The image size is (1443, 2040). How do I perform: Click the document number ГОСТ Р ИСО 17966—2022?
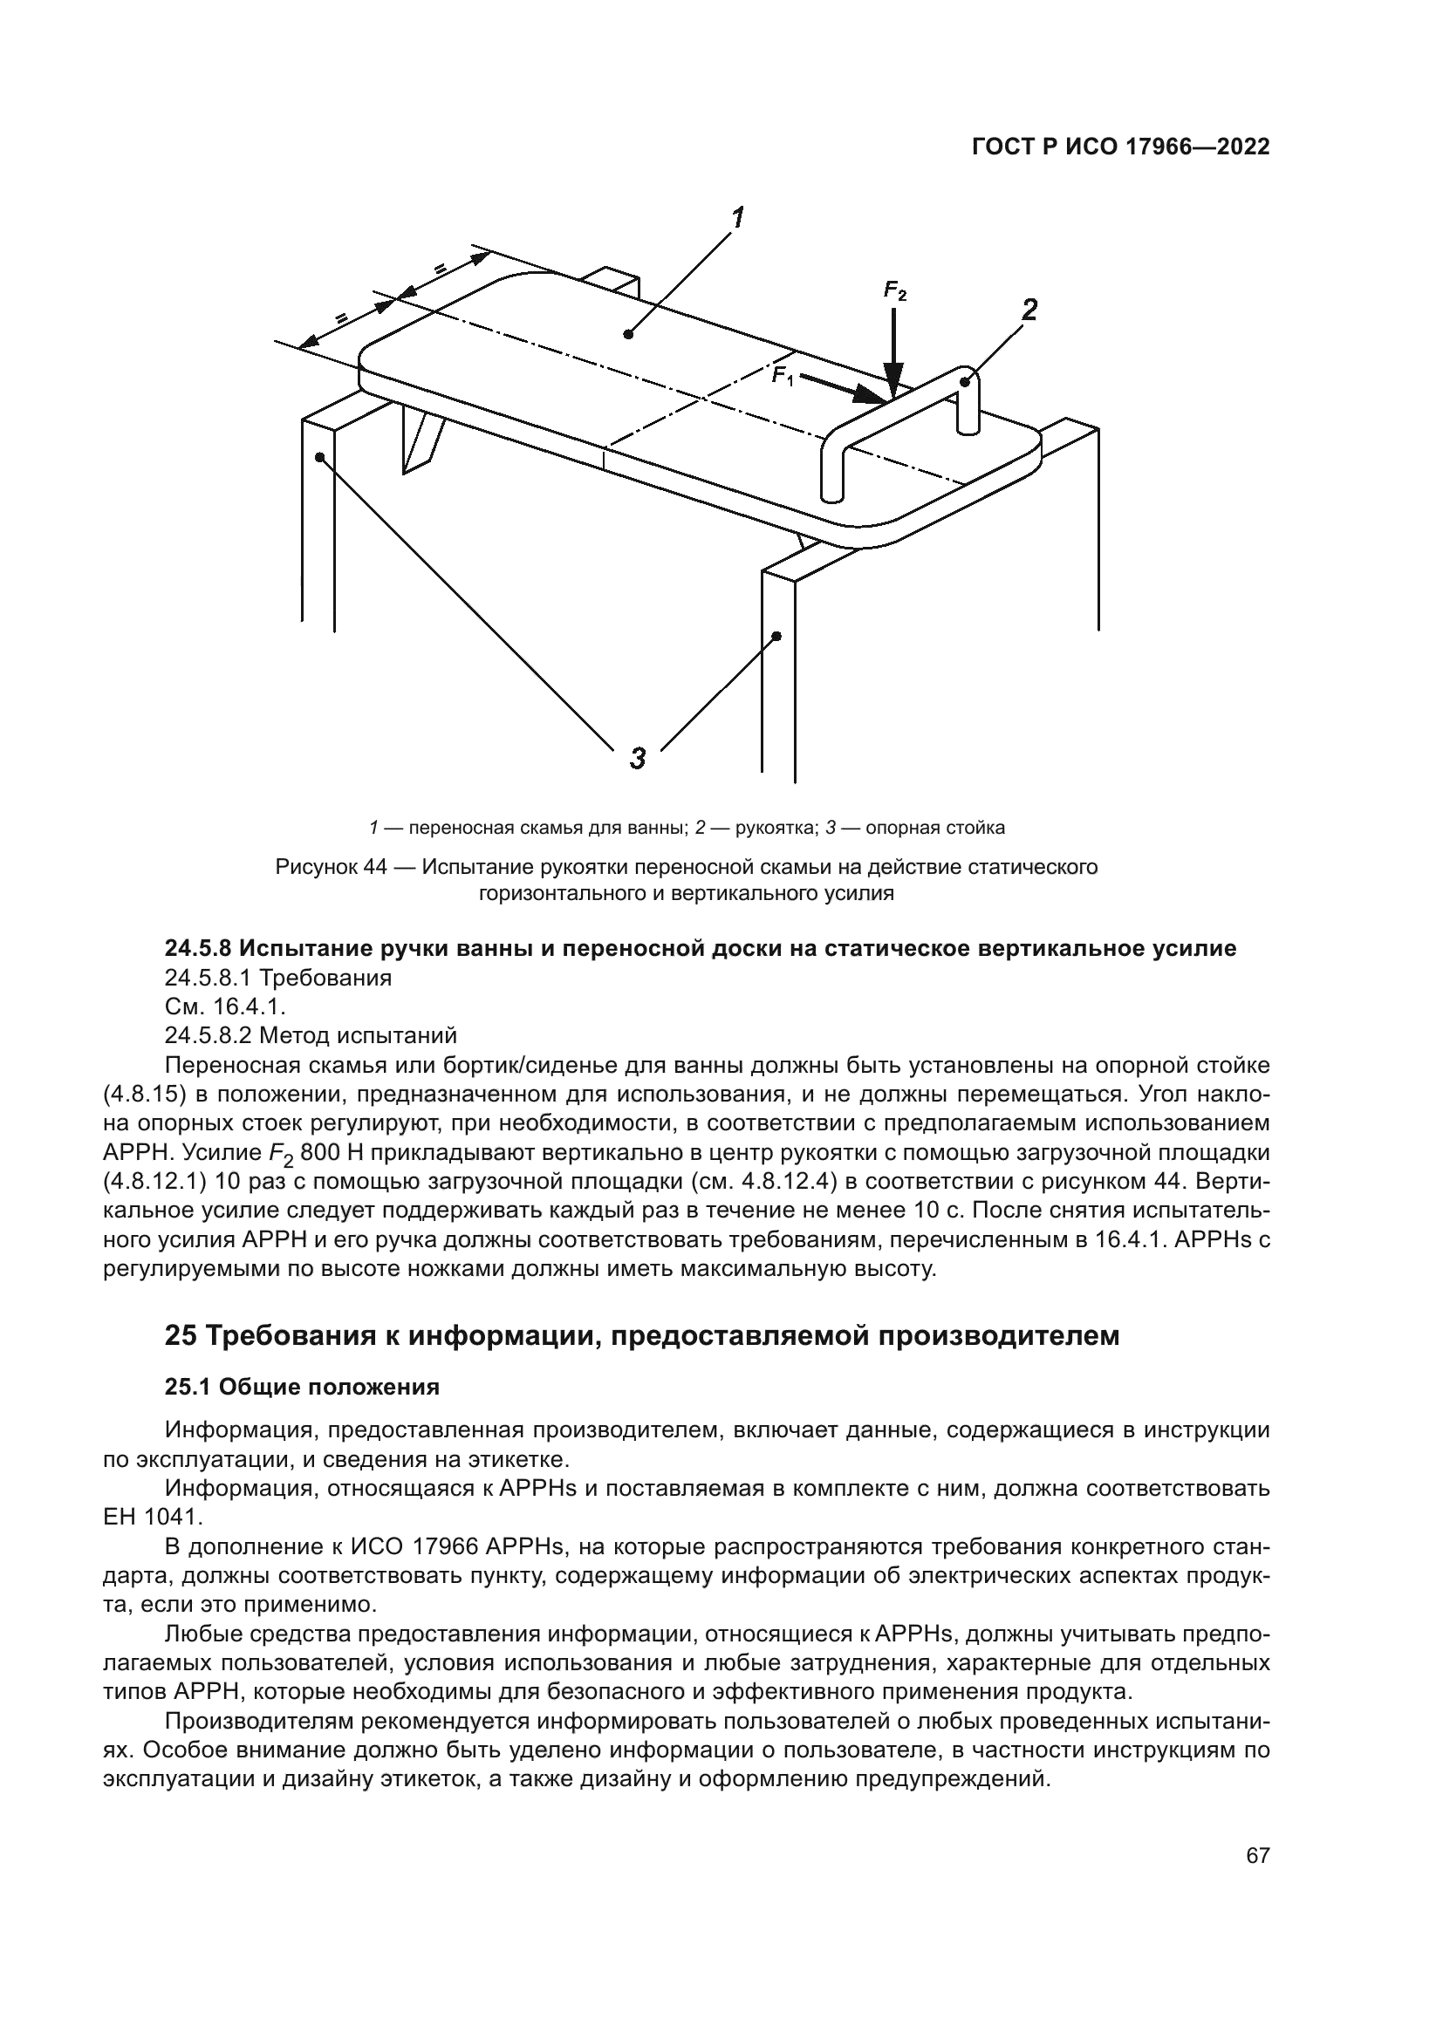click(x=1120, y=147)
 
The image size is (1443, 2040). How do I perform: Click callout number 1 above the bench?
click(x=736, y=219)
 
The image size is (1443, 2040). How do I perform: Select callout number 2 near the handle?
click(x=1029, y=310)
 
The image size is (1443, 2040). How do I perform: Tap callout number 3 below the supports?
click(x=638, y=759)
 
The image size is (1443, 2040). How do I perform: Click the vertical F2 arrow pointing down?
click(x=894, y=355)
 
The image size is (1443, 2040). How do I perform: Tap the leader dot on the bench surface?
click(x=628, y=334)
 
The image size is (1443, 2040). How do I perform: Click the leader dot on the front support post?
click(x=776, y=636)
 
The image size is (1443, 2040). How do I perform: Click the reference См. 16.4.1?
click(x=225, y=1006)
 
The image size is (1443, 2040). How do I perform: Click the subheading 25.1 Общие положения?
click(x=302, y=1387)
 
